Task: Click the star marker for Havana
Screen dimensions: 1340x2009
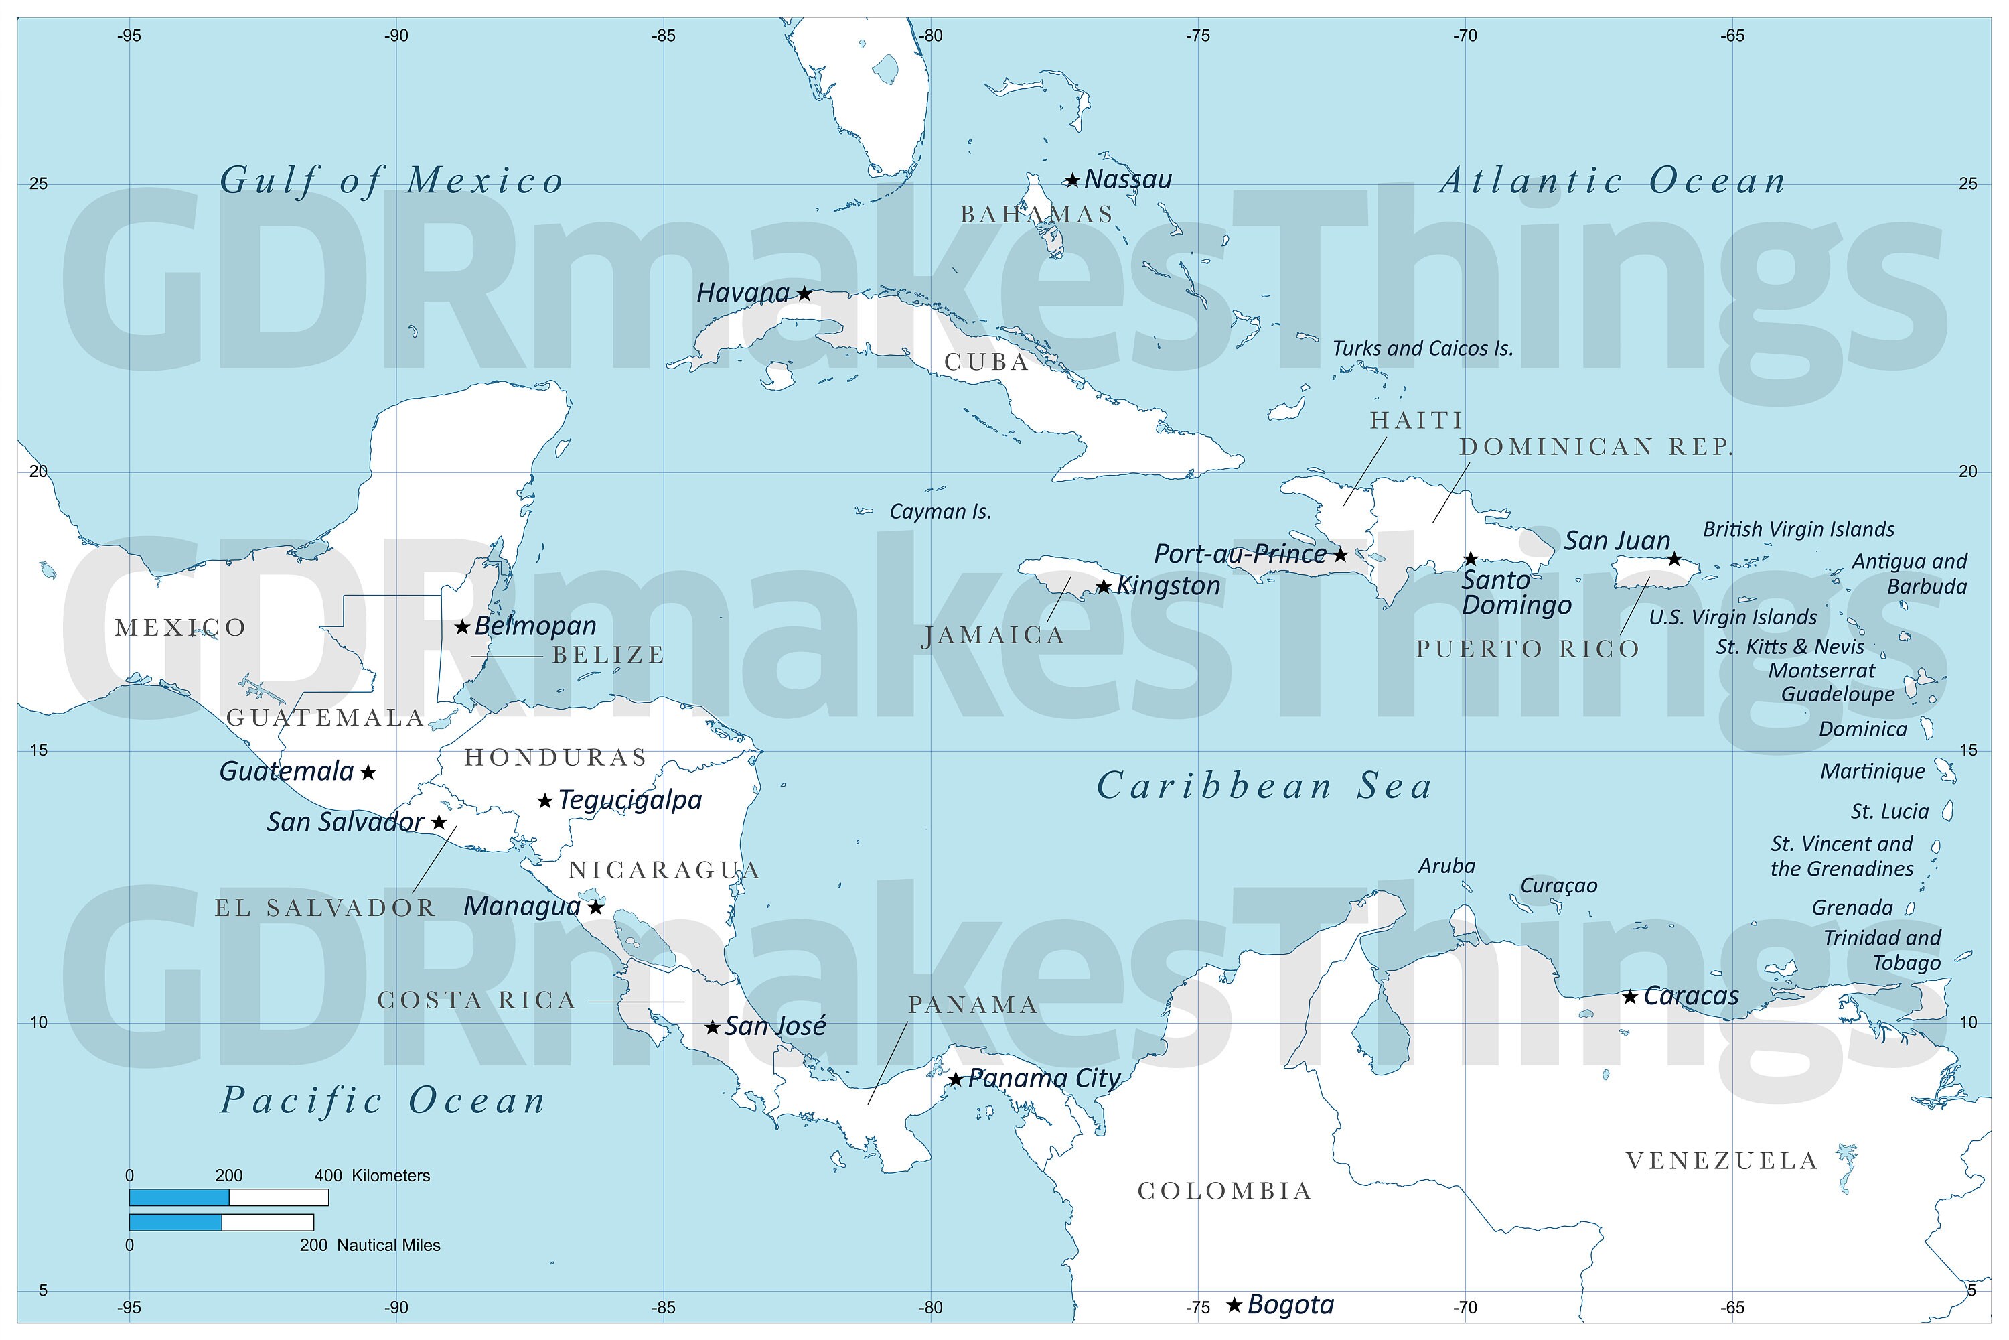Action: pos(804,294)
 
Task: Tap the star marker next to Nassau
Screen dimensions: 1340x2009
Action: pos(1072,180)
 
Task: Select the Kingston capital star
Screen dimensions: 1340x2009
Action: pos(1104,587)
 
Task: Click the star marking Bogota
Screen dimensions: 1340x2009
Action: pos(1234,1305)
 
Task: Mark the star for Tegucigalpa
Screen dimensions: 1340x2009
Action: pos(545,801)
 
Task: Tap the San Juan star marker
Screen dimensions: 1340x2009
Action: pos(1674,559)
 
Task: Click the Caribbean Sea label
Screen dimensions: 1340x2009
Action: pos(1264,786)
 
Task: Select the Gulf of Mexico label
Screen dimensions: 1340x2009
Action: pos(392,181)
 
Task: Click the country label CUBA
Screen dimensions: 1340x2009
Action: pos(986,362)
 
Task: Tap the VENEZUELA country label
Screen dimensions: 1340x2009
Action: pos(1721,1161)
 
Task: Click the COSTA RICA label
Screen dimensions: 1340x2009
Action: pos(477,1001)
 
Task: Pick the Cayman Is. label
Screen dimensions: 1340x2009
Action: pos(940,512)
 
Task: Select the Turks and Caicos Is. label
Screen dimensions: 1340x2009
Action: pos(1422,348)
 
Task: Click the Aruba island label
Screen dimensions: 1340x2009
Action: pos(1446,866)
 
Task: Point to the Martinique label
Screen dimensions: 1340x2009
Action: pos(1872,772)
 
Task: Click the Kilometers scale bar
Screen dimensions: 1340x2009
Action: pos(228,1197)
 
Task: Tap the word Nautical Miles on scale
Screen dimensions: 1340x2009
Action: pos(388,1245)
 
